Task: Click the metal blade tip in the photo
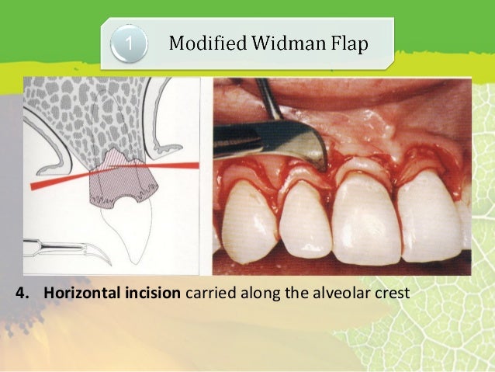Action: (317, 159)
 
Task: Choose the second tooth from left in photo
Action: (306, 221)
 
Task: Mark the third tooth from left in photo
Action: (368, 217)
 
